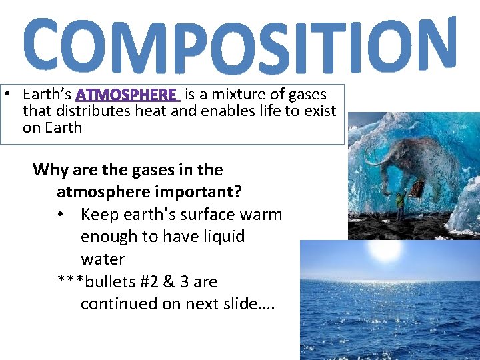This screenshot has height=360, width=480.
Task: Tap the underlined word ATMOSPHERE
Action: pos(129,95)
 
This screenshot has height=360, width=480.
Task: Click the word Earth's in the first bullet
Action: pos(47,95)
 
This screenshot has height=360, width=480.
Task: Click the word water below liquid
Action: pos(102,259)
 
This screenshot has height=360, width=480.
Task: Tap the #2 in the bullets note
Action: pos(143,281)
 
